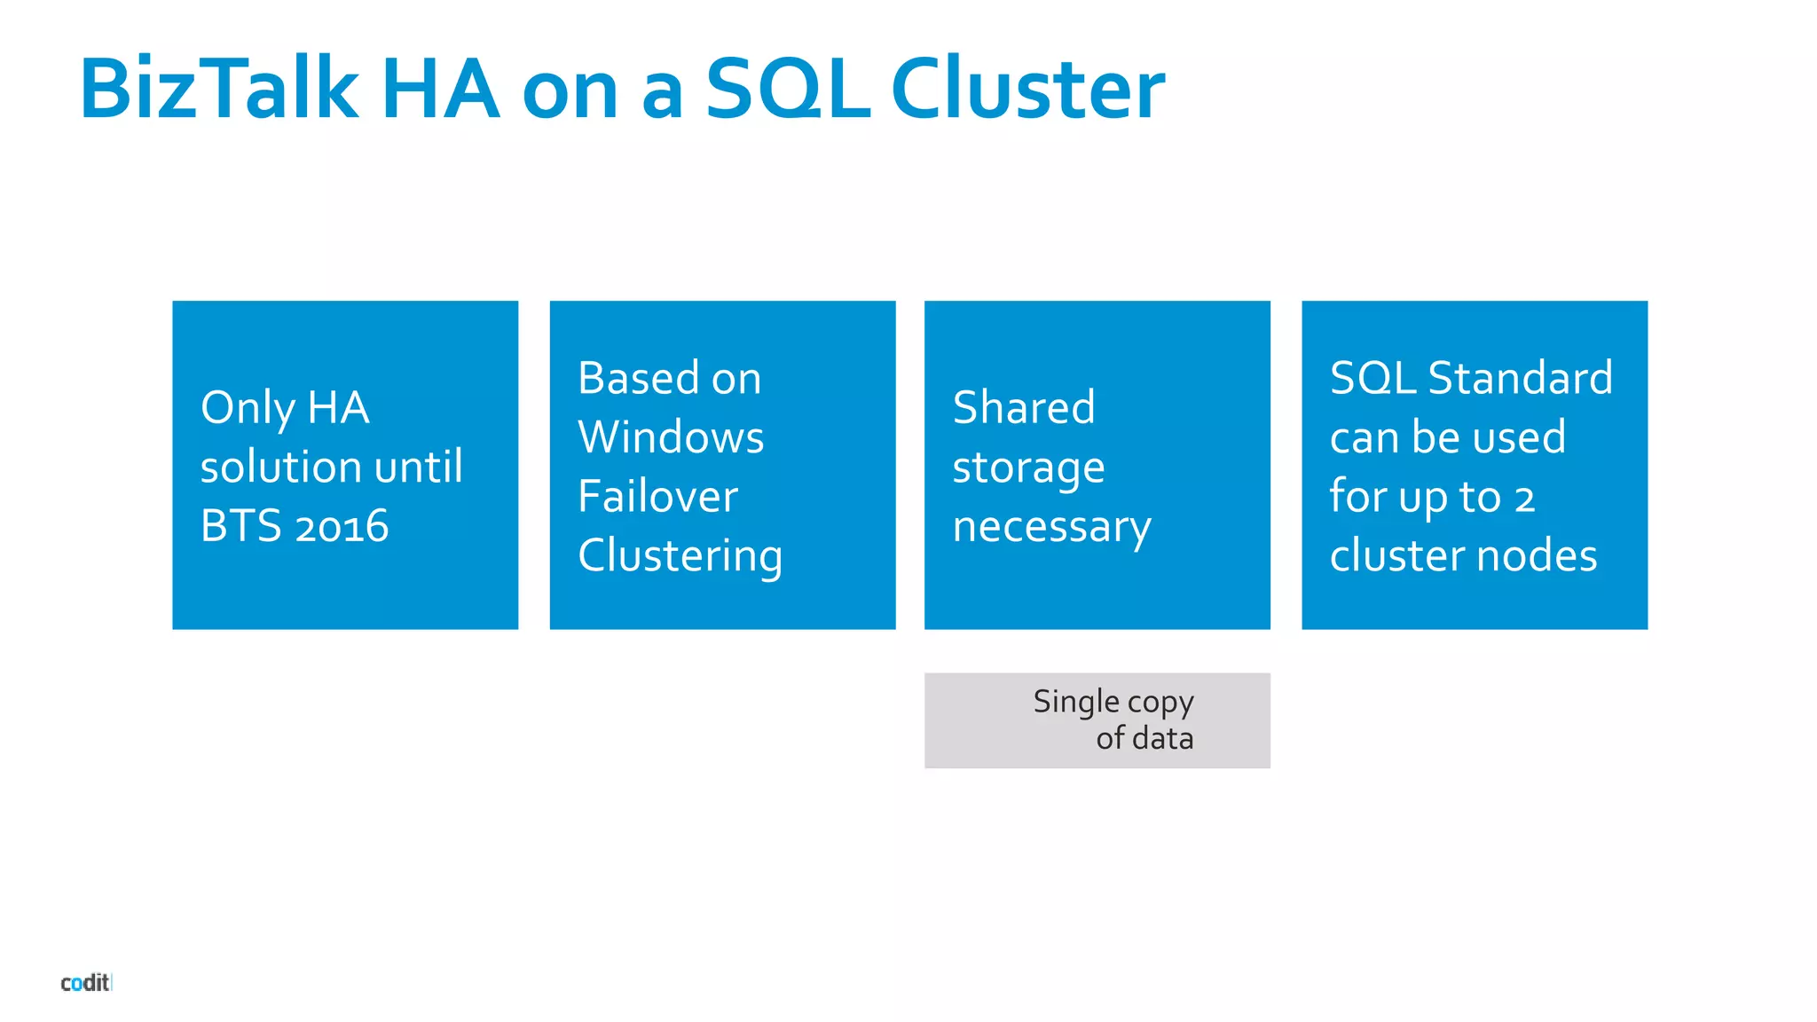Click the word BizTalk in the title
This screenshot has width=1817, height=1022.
(x=219, y=89)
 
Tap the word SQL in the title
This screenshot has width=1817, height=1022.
(x=788, y=89)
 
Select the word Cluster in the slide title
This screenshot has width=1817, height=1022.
(x=1027, y=89)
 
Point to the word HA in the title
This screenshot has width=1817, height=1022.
(x=440, y=89)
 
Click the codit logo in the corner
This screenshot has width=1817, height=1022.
(x=85, y=982)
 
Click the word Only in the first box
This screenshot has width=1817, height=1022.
(x=248, y=408)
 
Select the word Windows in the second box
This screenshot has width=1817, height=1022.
(x=671, y=437)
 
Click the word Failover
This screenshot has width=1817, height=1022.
(x=657, y=496)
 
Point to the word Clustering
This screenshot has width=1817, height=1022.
(x=680, y=557)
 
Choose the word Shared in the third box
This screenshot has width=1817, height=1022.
(x=1024, y=408)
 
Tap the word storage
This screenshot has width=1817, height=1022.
(x=1028, y=468)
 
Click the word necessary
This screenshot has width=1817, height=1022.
(x=1051, y=527)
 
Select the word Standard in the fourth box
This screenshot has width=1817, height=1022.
(x=1520, y=378)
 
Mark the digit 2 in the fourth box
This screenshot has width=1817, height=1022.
(x=1524, y=499)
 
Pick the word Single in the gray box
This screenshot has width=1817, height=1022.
(x=1075, y=702)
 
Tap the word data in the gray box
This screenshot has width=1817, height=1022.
(x=1162, y=738)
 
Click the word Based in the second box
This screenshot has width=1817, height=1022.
(x=638, y=378)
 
